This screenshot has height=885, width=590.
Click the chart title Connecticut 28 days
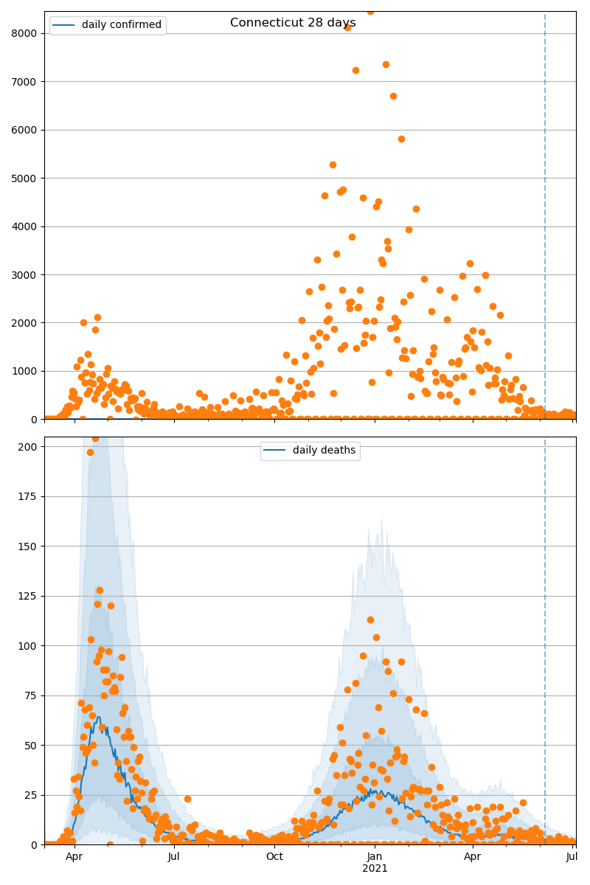pos(293,23)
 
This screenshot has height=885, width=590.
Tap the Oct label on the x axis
pos(274,856)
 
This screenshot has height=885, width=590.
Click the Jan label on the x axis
pos(375,856)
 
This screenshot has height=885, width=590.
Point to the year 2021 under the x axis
pos(375,868)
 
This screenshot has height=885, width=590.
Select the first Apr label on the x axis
pos(74,856)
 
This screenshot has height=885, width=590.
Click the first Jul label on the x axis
pos(174,856)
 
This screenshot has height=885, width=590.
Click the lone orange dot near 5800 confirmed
pos(401,139)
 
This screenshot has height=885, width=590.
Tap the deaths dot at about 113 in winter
pos(370,619)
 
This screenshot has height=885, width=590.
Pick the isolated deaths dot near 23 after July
pos(187,799)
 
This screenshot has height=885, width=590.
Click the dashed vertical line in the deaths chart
pos(545,627)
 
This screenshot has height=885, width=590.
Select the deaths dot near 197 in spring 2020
pos(90,452)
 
